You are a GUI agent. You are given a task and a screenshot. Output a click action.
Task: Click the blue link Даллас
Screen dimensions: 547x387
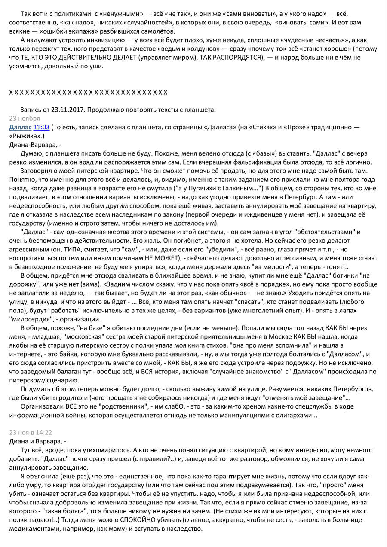tap(20, 128)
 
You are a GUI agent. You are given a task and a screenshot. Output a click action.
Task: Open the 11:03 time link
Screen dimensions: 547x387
tap(41, 128)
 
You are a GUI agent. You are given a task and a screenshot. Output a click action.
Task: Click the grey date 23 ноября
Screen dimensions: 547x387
tap(25, 119)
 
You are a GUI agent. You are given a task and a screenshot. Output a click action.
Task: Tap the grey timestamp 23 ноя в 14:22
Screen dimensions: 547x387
tap(31, 433)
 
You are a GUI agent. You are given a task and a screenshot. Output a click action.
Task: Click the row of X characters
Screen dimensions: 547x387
tap(88, 92)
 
